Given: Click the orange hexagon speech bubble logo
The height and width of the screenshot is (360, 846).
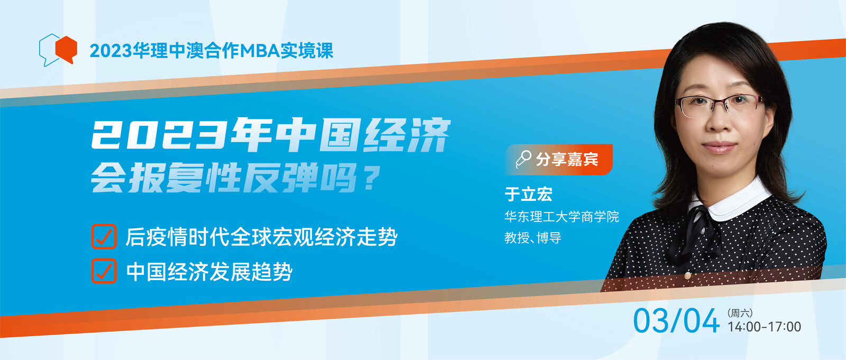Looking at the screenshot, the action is point(66,50).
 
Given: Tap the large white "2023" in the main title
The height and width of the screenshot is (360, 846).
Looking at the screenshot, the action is point(159,134).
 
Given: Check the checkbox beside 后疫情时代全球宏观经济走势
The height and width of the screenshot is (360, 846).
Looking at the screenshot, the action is point(104,236).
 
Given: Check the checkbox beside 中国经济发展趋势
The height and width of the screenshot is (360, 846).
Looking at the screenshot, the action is point(104,271).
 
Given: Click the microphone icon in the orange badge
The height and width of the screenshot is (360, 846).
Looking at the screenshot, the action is point(523,159).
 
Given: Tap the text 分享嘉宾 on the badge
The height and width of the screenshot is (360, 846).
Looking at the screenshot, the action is point(567,160).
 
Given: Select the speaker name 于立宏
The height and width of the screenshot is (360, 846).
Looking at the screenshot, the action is point(528,194).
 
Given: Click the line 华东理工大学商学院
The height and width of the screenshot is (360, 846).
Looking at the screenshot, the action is point(562,216).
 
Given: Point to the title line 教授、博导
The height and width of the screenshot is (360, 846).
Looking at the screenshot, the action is point(533,237).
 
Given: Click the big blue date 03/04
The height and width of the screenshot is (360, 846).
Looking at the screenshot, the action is point(676,321).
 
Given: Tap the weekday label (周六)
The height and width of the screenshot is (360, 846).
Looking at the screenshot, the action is point(740,313).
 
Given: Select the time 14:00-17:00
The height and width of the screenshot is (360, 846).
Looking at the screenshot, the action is point(764,327).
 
